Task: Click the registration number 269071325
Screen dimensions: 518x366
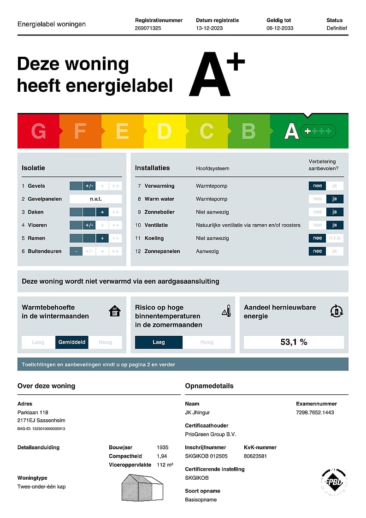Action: [x=148, y=28]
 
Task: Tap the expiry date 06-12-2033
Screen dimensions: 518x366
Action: [x=280, y=28]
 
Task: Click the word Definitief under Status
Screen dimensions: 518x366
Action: [x=336, y=28]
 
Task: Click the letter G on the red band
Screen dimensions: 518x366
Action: [x=38, y=131]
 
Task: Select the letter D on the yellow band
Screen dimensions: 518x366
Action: [x=164, y=131]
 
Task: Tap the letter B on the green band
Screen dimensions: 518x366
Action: [x=248, y=131]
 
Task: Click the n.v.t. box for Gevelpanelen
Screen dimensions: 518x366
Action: [x=95, y=199]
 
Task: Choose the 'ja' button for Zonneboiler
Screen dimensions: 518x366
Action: [x=335, y=212]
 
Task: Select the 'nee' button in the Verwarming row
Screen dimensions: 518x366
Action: [x=317, y=186]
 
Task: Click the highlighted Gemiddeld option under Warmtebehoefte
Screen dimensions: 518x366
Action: [x=71, y=342]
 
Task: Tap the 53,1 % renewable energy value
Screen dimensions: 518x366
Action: [x=294, y=342]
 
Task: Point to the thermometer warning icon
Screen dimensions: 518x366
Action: [x=226, y=311]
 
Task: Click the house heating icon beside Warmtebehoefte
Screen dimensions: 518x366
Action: [x=114, y=311]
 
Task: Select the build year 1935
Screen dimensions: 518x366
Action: [x=162, y=447]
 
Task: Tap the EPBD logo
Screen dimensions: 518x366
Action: [x=333, y=482]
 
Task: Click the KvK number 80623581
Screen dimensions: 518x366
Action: [x=255, y=456]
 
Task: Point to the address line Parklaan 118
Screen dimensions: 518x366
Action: [x=33, y=412]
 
